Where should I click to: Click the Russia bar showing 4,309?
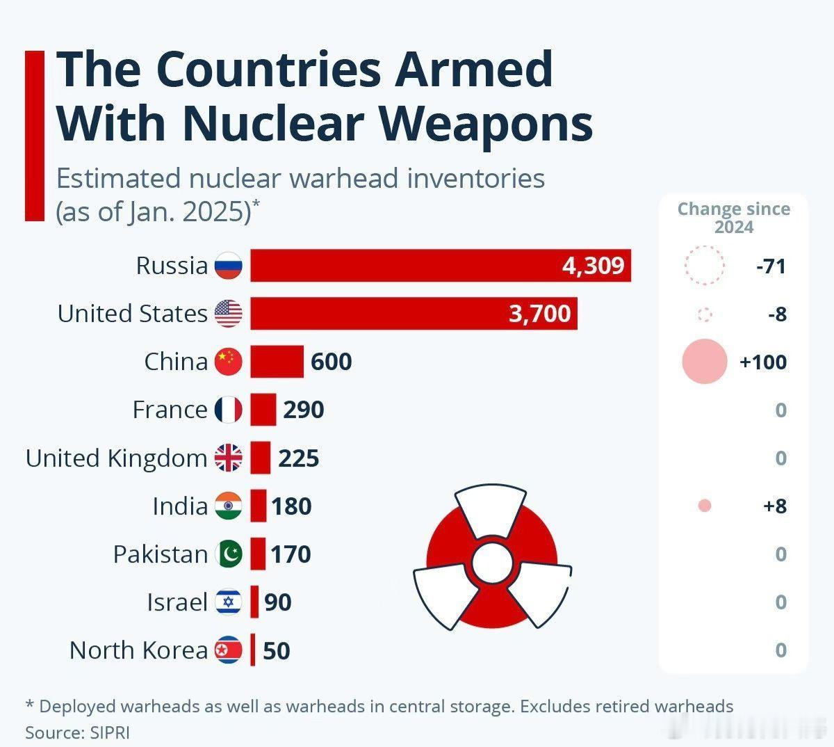440,266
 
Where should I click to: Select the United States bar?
414,314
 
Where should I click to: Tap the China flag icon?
228,362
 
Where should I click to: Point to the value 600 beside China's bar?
331,362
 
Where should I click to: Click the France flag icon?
228,410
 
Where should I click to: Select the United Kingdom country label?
116,458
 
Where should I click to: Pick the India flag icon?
228,506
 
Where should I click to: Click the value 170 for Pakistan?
291,554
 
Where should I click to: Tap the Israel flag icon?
228,602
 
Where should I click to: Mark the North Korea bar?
253,650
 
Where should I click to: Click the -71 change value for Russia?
771,266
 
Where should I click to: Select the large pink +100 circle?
704,362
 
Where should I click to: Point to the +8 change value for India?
774,506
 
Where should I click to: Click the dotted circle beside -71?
704,266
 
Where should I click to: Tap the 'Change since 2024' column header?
733,218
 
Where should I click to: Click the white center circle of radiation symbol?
491,561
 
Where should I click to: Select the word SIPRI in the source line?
109,732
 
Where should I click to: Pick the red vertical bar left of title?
34,136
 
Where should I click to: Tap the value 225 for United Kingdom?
298,458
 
